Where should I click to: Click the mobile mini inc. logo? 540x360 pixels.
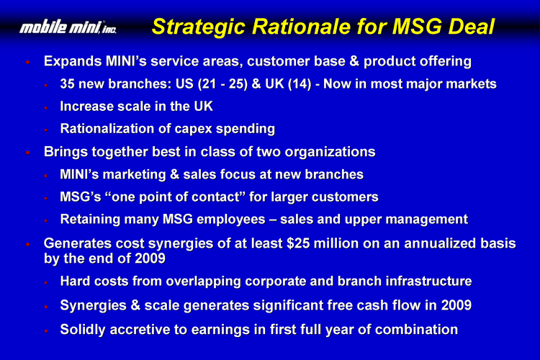(68, 27)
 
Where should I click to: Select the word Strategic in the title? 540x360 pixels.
(199, 27)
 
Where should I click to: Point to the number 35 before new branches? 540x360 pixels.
(67, 84)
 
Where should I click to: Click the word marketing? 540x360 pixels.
(135, 175)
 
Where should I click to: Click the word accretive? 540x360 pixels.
(140, 330)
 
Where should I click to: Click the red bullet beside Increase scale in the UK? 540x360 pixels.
(46, 108)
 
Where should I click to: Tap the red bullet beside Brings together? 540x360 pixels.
(28, 153)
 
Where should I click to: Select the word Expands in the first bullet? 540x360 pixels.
(73, 62)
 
